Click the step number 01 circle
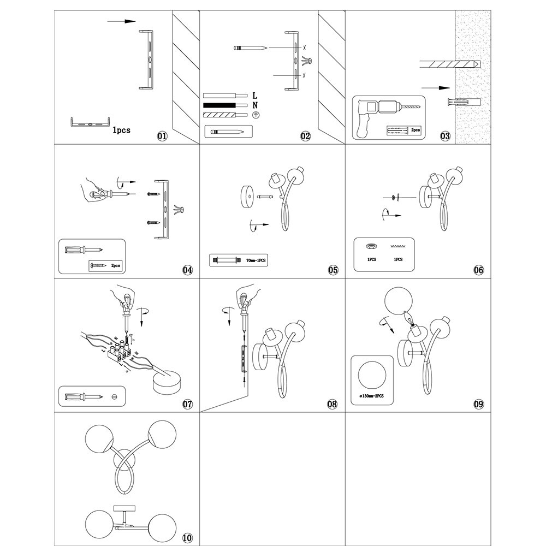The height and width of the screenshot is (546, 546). click(x=162, y=136)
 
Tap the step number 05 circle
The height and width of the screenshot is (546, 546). click(x=333, y=270)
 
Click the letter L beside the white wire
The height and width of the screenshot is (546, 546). click(x=255, y=96)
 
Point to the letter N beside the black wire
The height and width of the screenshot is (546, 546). click(x=255, y=105)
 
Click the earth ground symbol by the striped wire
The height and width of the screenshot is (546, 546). click(x=255, y=115)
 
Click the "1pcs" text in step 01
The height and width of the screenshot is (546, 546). click(x=121, y=130)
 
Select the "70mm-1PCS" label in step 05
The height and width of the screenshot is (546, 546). click(x=256, y=260)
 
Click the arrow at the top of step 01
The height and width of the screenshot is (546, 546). click(x=121, y=21)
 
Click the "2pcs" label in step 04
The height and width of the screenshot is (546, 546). click(x=115, y=265)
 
